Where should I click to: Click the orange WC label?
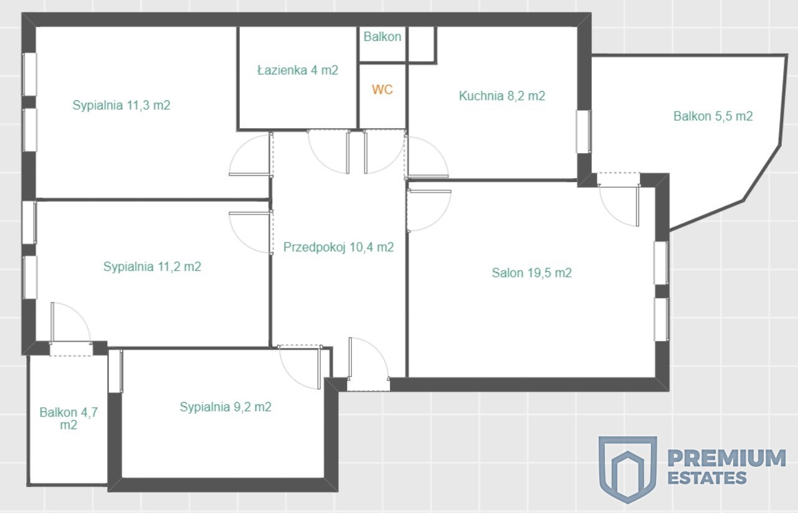(382, 90)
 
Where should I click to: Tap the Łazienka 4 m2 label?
(298, 70)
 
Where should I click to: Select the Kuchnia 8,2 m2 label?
(502, 96)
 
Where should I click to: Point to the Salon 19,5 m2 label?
(532, 273)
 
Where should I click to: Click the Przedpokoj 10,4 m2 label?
(338, 247)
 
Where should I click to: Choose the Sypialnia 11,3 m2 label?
(121, 105)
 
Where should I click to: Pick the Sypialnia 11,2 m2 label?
(152, 267)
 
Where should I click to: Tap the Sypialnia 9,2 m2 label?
(226, 407)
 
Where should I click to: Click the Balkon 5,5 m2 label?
(713, 116)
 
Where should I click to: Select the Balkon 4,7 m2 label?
(69, 418)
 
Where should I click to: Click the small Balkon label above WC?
(382, 37)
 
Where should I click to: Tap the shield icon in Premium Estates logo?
(627, 469)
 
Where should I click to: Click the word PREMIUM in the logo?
(726, 458)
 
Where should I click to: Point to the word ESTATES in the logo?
(707, 477)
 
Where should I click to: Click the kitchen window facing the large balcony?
(584, 132)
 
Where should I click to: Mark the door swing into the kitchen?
(427, 157)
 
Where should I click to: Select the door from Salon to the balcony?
(619, 199)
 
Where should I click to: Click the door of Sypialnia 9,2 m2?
(301, 367)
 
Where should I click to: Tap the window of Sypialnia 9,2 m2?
(116, 371)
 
